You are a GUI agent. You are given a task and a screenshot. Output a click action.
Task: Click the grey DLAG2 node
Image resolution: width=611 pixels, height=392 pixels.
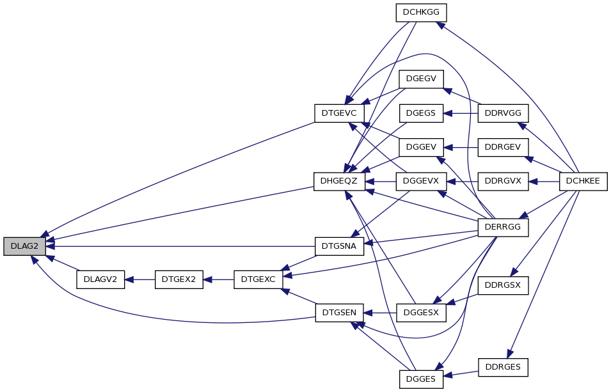[24, 246]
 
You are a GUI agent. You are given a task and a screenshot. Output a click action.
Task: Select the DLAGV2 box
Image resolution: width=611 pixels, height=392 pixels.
[100, 279]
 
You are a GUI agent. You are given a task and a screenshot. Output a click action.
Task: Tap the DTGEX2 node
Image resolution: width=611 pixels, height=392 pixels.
[179, 279]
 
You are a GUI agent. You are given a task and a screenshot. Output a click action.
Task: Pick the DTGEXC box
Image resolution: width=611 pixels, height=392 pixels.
[258, 279]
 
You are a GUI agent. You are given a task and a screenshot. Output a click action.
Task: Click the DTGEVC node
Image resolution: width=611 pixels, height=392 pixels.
[339, 113]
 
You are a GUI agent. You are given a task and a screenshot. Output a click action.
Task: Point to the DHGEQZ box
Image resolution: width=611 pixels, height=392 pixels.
[339, 181]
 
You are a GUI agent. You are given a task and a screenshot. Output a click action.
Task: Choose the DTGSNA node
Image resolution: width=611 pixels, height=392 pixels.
[339, 246]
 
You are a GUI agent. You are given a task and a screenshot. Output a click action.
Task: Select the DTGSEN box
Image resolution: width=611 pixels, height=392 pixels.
[339, 313]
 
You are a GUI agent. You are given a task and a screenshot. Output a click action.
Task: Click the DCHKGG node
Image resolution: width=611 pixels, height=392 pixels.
[421, 12]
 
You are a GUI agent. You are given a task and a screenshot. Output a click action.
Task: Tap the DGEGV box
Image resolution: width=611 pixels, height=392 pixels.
[421, 79]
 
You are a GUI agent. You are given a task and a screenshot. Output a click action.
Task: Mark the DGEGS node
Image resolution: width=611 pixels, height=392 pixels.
[421, 113]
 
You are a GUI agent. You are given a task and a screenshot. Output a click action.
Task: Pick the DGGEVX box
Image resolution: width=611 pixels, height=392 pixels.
[421, 181]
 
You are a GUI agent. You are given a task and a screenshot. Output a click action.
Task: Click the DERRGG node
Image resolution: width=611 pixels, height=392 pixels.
[503, 227]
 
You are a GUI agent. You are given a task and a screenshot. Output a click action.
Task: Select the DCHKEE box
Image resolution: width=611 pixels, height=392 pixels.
[583, 181]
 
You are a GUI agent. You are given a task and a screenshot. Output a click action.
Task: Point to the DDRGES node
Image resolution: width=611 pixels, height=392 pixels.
[503, 367]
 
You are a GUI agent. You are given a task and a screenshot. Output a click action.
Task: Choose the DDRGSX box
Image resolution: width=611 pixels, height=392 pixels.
[503, 285]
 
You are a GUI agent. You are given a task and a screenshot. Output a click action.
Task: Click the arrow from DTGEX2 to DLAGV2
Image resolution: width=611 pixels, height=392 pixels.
[140, 279]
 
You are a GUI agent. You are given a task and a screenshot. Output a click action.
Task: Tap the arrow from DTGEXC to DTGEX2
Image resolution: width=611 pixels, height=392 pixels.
[219, 279]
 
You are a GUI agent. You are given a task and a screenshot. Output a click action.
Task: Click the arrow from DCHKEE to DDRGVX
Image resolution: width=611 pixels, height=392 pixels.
[544, 181]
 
